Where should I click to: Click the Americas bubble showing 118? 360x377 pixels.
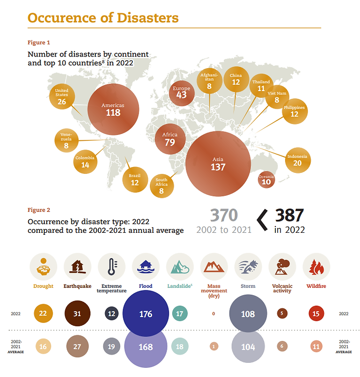pyautogui.click(x=113, y=109)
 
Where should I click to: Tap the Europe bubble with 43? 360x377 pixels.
pyautogui.click(x=181, y=92)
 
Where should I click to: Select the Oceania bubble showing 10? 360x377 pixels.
pyautogui.click(x=266, y=179)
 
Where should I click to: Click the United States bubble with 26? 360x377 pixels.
pyautogui.click(x=62, y=96)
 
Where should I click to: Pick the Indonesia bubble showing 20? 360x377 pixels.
pyautogui.click(x=297, y=160)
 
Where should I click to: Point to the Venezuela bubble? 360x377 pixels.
pyautogui.click(x=66, y=141)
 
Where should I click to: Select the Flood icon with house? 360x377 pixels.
pyautogui.click(x=145, y=266)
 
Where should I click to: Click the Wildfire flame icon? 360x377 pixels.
pyautogui.click(x=316, y=266)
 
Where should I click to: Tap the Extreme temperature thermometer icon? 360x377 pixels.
pyautogui.click(x=111, y=266)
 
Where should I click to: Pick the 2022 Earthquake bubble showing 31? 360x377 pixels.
pyautogui.click(x=77, y=314)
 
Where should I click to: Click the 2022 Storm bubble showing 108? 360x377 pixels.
pyautogui.click(x=248, y=314)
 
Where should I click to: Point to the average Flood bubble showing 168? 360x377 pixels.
pyautogui.click(x=145, y=347)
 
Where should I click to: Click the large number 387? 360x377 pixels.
pyautogui.click(x=289, y=215)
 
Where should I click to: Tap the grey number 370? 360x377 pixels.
pyautogui.click(x=224, y=215)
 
